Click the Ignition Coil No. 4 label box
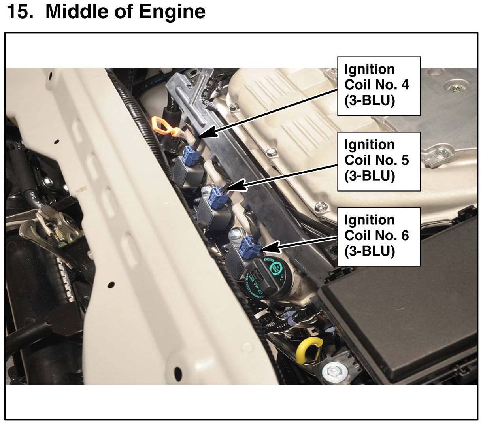pos(378,86)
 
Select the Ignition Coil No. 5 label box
pos(378,161)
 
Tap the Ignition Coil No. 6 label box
pos(378,236)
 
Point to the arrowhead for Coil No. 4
pos(210,133)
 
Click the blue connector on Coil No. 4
pos(192,154)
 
